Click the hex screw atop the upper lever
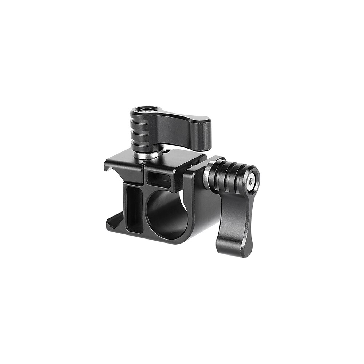[146, 110]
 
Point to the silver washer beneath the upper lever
[147, 154]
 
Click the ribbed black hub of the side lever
[229, 177]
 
